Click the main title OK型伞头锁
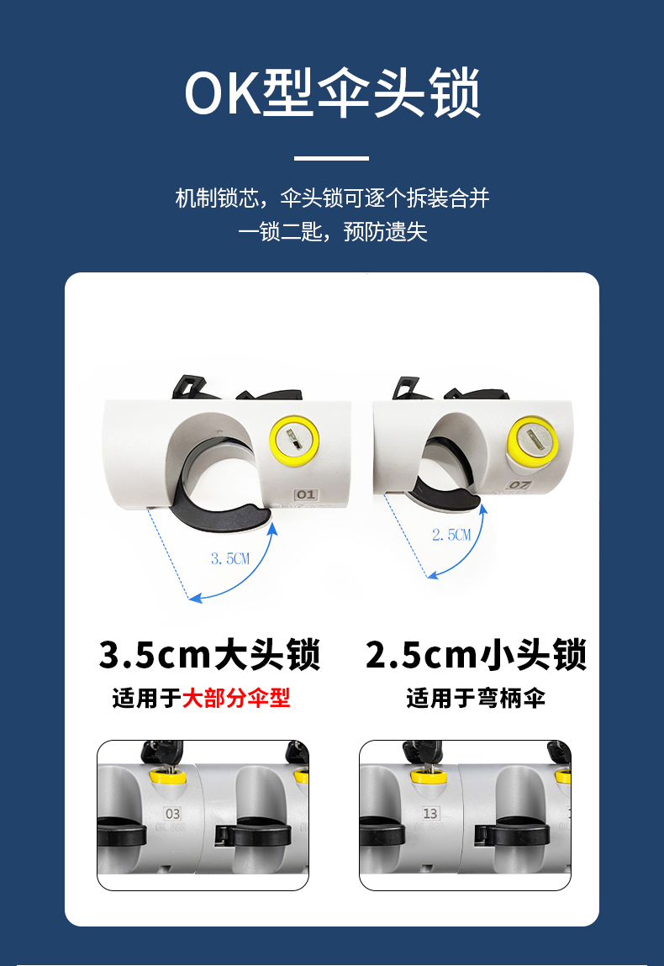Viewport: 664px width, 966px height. [332, 92]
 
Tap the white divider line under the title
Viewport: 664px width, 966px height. [331, 158]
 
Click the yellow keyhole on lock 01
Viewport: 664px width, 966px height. [294, 441]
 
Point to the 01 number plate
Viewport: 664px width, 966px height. [305, 494]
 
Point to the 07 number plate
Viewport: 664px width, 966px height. [519, 484]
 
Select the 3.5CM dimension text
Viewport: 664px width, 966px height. [230, 559]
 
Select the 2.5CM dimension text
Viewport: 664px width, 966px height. [451, 535]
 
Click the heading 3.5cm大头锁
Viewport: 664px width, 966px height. [209, 654]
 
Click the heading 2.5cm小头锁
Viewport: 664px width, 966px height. [476, 654]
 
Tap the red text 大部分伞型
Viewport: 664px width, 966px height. [236, 698]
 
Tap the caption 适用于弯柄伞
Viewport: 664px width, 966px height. [476, 698]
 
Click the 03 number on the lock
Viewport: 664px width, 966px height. [173, 813]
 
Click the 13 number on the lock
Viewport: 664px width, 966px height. [430, 813]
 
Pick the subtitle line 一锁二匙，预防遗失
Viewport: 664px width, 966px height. [332, 232]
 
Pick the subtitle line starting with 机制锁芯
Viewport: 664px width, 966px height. [332, 198]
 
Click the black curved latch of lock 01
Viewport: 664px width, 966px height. [220, 515]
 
